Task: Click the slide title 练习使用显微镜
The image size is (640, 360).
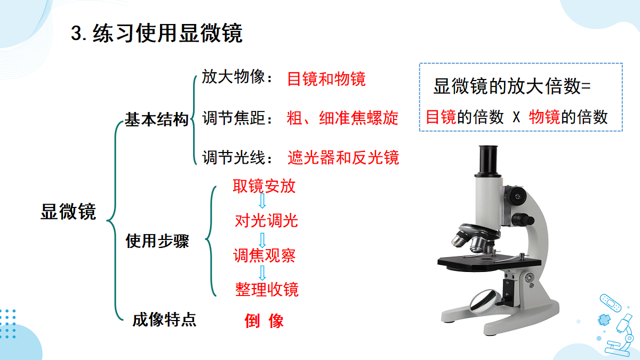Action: point(167,33)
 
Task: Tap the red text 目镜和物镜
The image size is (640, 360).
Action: point(326,79)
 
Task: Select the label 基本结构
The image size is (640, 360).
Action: point(157,119)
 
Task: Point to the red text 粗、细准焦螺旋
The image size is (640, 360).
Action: point(342,118)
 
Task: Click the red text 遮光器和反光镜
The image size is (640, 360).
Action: point(343,157)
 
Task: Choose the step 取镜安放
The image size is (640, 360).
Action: point(264,186)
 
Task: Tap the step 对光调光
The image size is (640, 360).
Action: point(266,221)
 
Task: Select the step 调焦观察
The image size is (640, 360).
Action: point(265,255)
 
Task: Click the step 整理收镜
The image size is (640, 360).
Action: point(267,290)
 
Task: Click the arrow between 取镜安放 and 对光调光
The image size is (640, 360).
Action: point(262,201)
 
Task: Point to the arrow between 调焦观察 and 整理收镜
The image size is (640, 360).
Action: point(262,273)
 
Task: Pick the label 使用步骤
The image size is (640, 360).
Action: point(157,241)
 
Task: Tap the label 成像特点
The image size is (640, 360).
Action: point(164,319)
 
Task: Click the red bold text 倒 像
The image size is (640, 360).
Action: point(264,321)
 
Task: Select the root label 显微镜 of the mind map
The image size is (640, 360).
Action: point(68,212)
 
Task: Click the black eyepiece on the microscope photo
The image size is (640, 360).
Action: point(489,160)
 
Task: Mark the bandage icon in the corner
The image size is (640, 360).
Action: point(611,303)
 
